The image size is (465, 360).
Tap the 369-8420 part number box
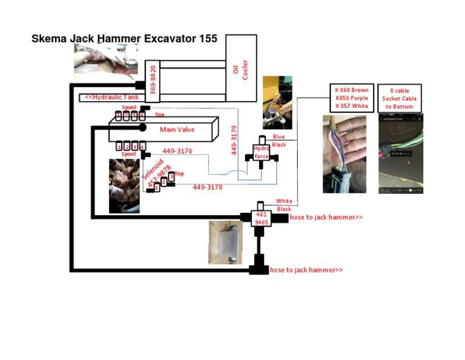tap(153, 81)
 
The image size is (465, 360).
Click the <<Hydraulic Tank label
tap(111, 98)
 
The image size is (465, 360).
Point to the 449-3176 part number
tap(177, 152)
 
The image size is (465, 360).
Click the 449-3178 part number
tap(207, 188)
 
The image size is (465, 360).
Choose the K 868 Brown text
tap(351, 90)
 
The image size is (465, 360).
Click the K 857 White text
tap(351, 106)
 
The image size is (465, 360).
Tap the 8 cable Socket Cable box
tap(400, 98)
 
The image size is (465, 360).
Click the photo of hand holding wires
tap(344, 154)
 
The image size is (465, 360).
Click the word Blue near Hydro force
tap(279, 137)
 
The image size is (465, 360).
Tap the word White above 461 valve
tap(283, 201)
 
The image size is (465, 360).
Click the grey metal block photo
tap(225, 242)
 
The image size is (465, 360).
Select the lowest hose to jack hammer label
tap(306, 270)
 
